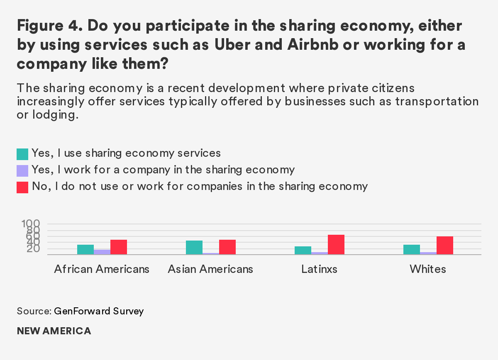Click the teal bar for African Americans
tap(85, 249)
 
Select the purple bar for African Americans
tap(102, 252)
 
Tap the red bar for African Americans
tap(119, 247)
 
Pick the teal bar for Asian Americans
tap(194, 247)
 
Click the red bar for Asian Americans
tap(227, 247)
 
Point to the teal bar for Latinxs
tap(303, 250)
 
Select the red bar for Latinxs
tap(336, 244)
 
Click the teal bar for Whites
tap(412, 249)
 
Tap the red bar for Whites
tap(445, 245)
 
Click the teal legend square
tap(22, 154)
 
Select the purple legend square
tap(22, 170)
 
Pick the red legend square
tap(22, 187)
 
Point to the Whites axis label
tap(428, 269)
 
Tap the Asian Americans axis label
tap(210, 269)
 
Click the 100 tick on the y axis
tap(30, 224)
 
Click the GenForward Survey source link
tap(99, 311)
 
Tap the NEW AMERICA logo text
tap(54, 331)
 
